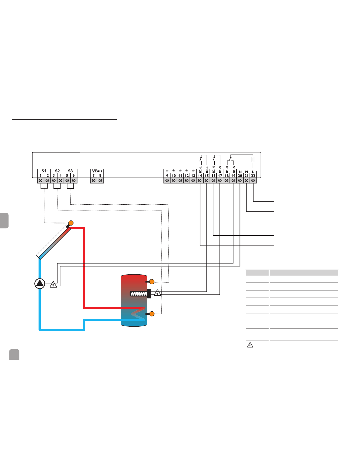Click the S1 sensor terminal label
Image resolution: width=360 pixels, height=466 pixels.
[44, 171]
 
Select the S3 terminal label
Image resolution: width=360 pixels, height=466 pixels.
[70, 171]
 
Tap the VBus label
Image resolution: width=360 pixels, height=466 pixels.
[97, 171]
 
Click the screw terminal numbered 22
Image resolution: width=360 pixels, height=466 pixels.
[253, 180]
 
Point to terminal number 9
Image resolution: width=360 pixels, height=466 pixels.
[167, 180]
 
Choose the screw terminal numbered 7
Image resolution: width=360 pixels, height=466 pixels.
[94, 180]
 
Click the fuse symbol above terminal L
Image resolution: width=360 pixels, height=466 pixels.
[253, 160]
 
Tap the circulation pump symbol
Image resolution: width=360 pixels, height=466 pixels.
[40, 284]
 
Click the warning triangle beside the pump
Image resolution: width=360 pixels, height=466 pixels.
[53, 284]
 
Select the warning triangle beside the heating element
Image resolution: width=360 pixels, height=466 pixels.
[158, 293]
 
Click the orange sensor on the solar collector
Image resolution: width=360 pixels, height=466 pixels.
[71, 223]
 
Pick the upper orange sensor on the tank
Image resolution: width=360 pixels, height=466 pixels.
[152, 282]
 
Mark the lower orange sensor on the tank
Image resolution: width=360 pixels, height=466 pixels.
[152, 314]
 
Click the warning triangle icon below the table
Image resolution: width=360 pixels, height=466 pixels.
[250, 345]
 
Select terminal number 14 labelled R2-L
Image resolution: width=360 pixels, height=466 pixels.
[200, 180]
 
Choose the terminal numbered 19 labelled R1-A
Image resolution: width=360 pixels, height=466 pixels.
[233, 180]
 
